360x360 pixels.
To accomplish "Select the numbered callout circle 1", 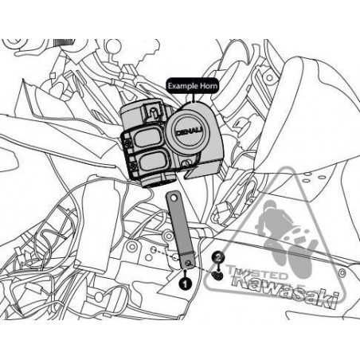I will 185,281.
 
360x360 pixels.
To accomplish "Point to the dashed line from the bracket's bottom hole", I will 167,255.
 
